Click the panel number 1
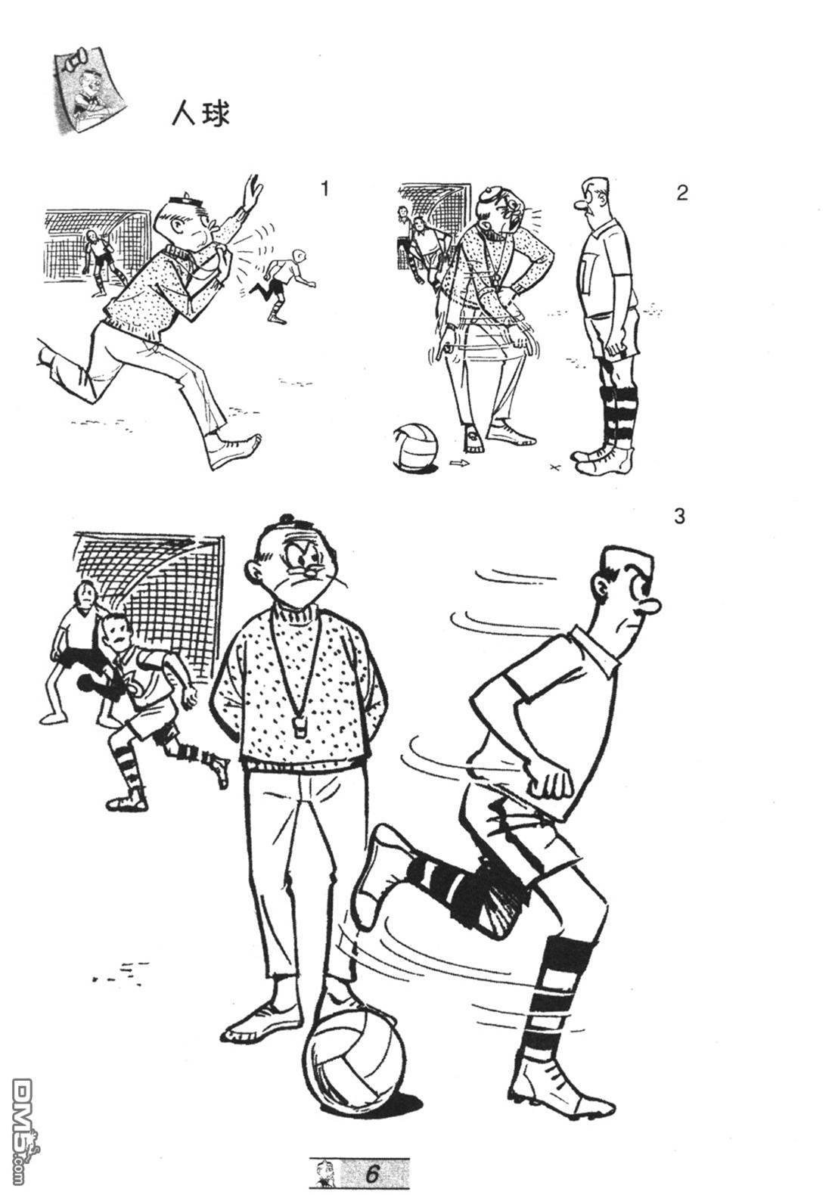click(x=324, y=189)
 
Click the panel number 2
click(x=682, y=193)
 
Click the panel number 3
click(x=678, y=517)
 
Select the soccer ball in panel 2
click(x=416, y=447)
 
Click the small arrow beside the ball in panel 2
click(x=460, y=463)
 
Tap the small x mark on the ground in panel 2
click(x=556, y=468)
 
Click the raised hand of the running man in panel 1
click(x=251, y=193)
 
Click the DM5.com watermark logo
click(x=25, y=1121)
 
